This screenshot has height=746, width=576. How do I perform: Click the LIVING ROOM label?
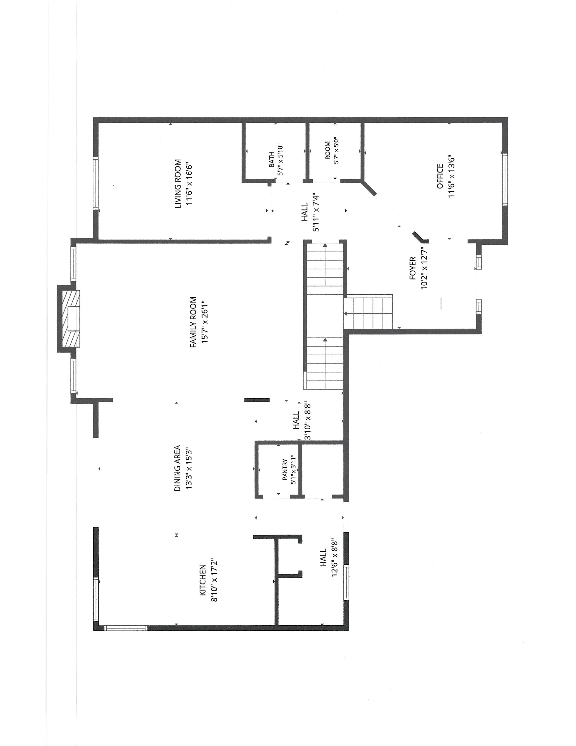(178, 184)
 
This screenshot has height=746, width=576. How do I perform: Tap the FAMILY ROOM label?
(193, 322)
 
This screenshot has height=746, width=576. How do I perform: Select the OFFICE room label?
(440, 176)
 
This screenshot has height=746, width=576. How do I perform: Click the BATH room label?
(272, 159)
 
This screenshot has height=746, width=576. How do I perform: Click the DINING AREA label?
(178, 468)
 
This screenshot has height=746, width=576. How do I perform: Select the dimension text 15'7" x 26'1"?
(205, 322)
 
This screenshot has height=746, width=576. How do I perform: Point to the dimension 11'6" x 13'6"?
(452, 176)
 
